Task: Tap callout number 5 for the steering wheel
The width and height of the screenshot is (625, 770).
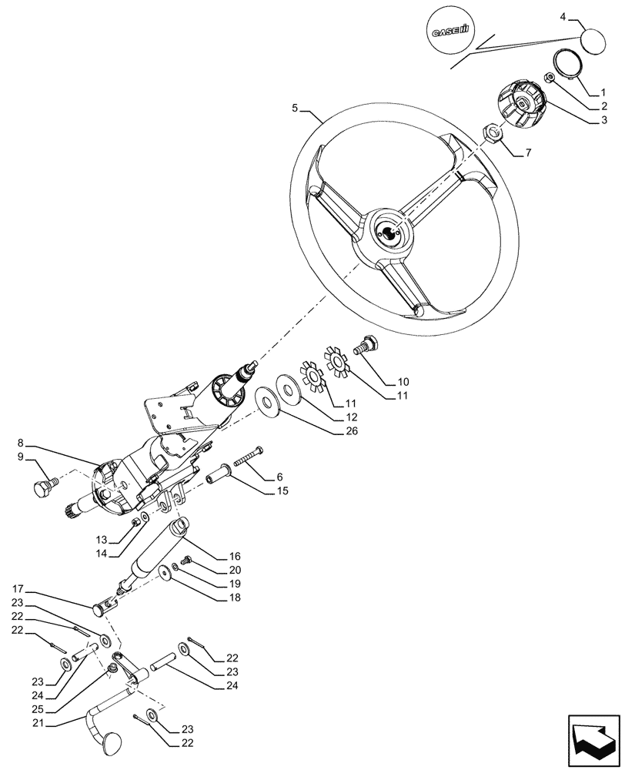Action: point(296,109)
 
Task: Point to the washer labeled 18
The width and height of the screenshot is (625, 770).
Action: point(164,573)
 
